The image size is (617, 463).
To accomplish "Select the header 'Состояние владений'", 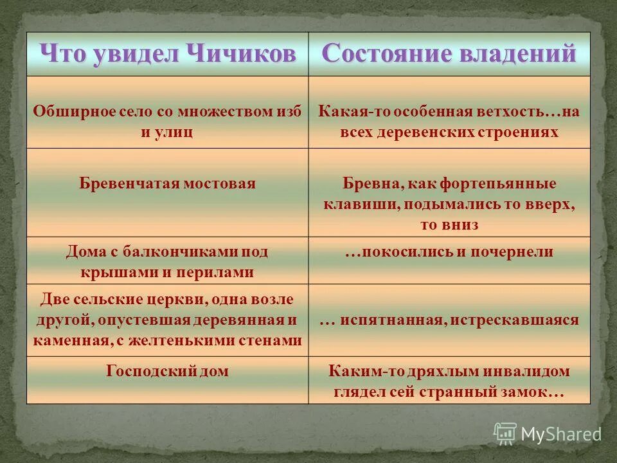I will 449,53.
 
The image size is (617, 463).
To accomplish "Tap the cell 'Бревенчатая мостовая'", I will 167,183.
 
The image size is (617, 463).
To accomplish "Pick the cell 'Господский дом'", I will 167,371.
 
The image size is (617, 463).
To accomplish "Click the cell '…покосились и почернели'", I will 449,251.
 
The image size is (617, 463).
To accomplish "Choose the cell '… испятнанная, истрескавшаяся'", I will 449,320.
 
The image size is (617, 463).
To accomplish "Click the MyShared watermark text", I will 560,434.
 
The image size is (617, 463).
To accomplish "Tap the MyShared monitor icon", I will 505,433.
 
